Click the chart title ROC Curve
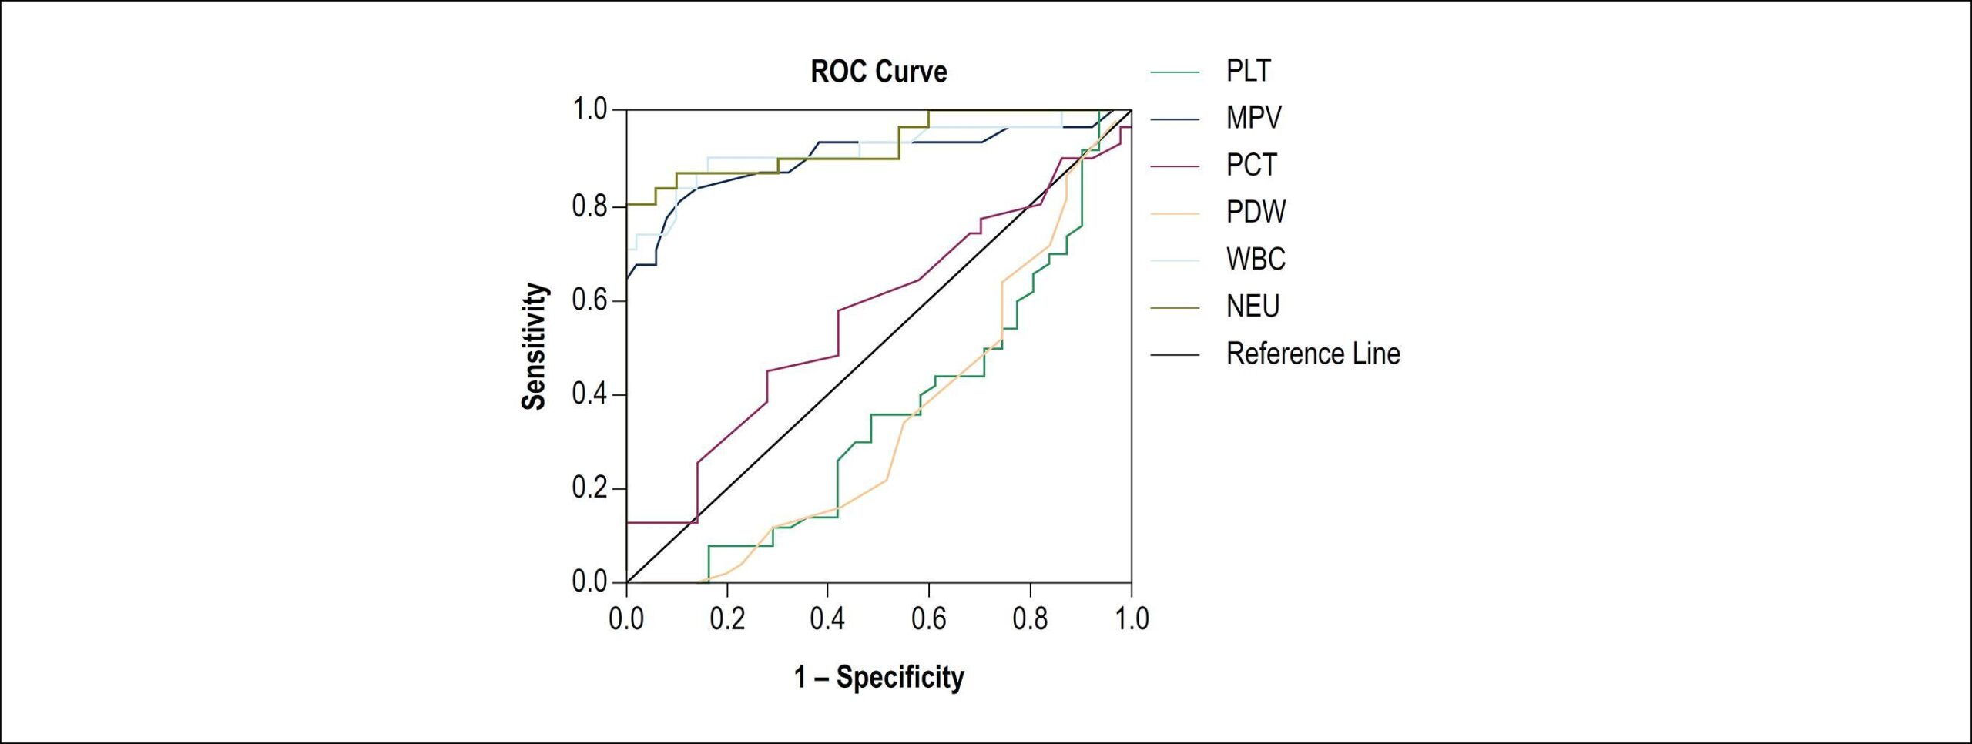coord(879,72)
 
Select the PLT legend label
coord(1249,71)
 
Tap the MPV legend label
coord(1254,118)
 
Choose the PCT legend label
coord(1252,165)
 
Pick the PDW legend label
coord(1256,212)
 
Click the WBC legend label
coord(1256,259)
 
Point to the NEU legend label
coord(1253,307)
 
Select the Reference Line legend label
coord(1313,354)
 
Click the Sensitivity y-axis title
coord(534,347)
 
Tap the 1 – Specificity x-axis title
coord(879,677)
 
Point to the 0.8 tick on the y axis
coord(590,206)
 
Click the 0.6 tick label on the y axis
coord(590,300)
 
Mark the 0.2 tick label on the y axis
coord(590,488)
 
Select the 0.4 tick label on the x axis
coord(828,618)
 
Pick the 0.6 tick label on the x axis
coord(929,618)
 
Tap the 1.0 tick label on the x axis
coord(1132,618)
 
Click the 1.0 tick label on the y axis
coord(590,109)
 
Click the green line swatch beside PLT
coord(1175,72)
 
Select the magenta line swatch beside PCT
coord(1175,166)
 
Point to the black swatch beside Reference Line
coord(1175,355)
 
